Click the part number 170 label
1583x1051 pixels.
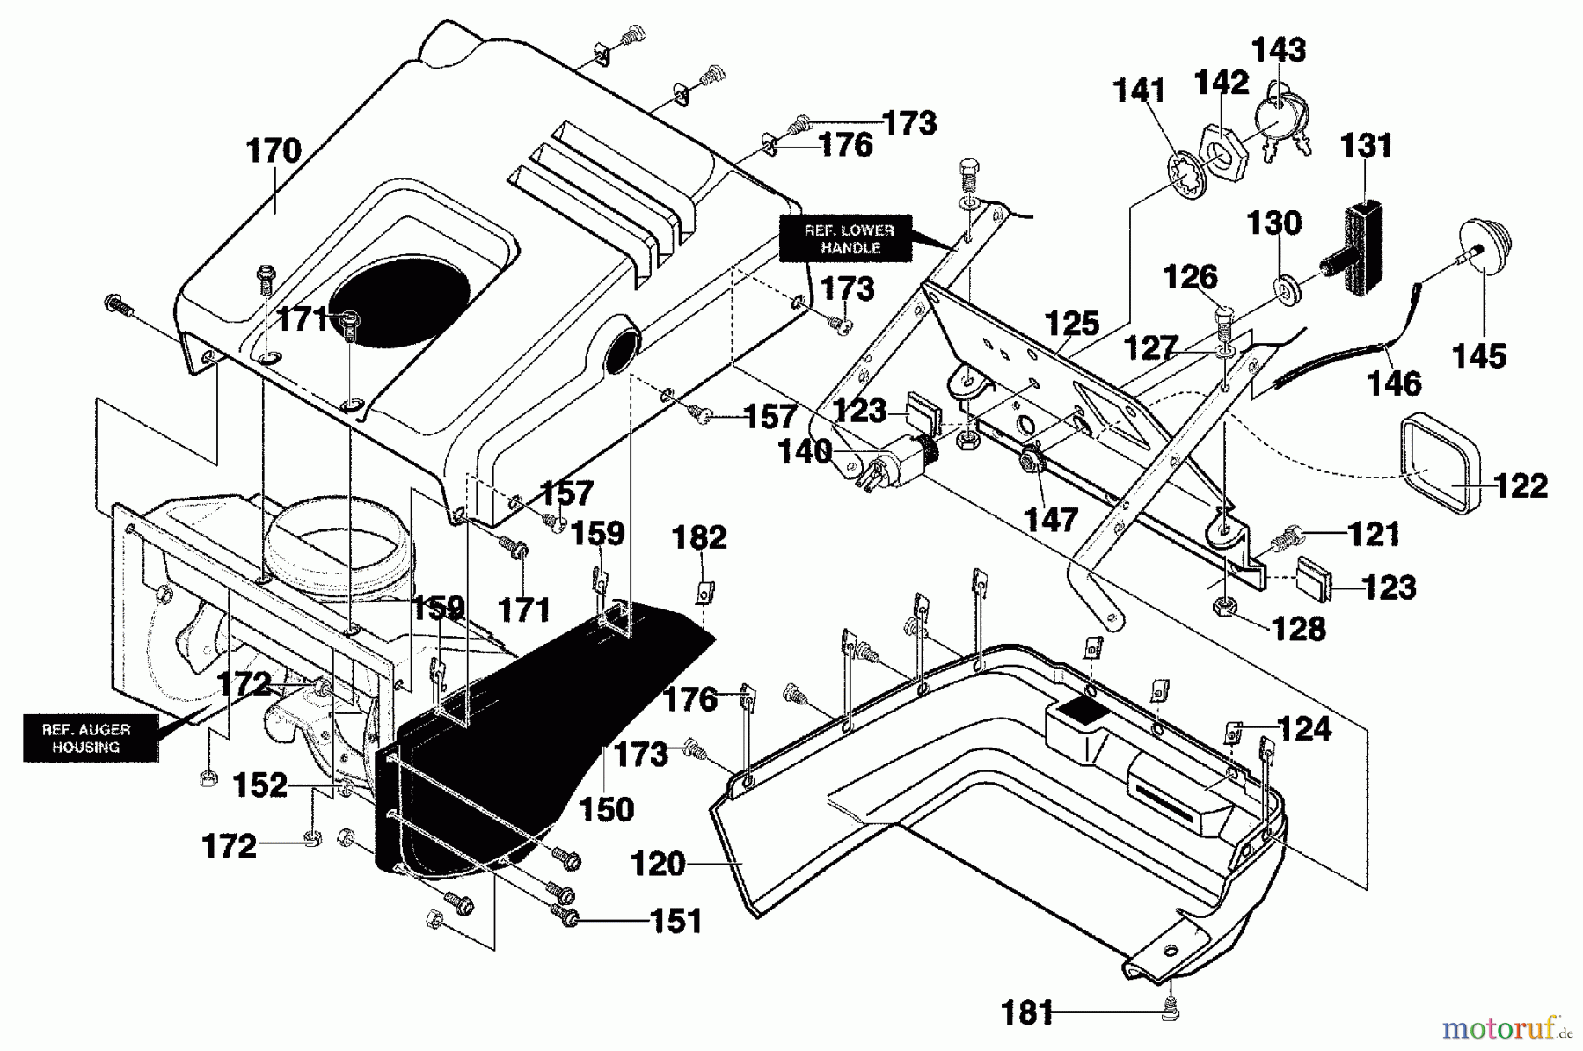coord(274,151)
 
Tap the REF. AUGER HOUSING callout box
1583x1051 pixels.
coord(85,738)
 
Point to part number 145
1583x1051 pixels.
coord(1479,356)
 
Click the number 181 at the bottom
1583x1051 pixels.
coord(1026,1013)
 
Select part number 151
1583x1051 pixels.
coord(676,921)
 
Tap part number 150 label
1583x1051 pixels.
coord(608,809)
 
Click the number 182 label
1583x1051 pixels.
coord(699,537)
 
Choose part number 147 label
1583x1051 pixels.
coord(1051,519)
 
